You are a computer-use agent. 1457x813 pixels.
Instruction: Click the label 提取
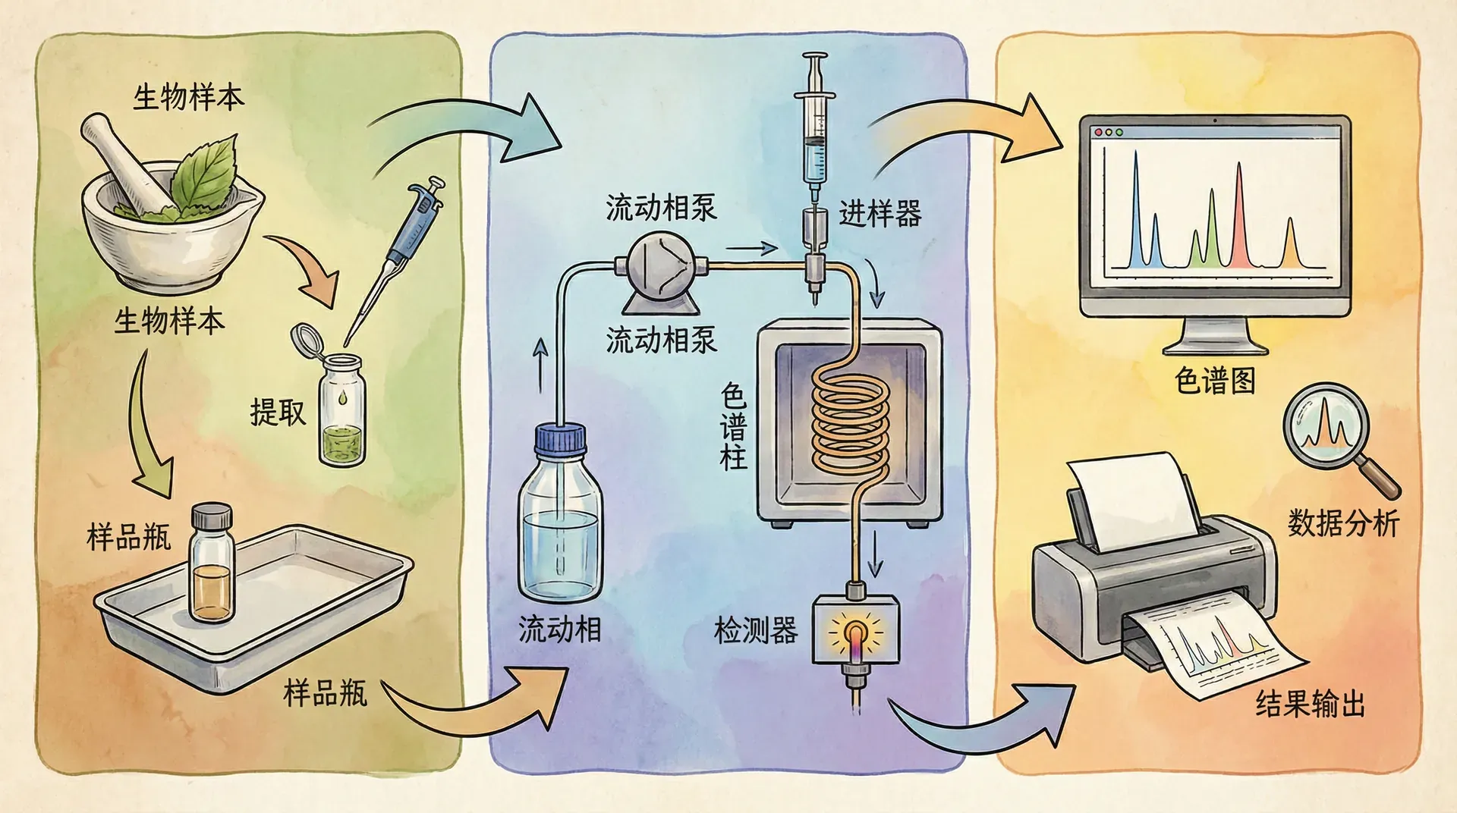[278, 413]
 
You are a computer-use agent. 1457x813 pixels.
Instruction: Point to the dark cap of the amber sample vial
[211, 517]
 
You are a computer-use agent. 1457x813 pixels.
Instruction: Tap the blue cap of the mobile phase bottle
[560, 441]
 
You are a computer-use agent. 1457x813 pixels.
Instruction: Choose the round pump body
[661, 265]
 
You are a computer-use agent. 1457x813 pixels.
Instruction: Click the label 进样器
[880, 214]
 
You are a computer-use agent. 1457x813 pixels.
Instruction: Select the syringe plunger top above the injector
[815, 58]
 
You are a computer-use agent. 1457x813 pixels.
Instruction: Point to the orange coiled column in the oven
[851, 417]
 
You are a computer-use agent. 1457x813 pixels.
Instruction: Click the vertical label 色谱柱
[733, 426]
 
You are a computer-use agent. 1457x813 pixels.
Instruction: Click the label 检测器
[756, 630]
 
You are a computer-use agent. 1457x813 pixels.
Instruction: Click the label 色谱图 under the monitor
[1215, 380]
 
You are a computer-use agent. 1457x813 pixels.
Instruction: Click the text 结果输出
[1311, 704]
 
